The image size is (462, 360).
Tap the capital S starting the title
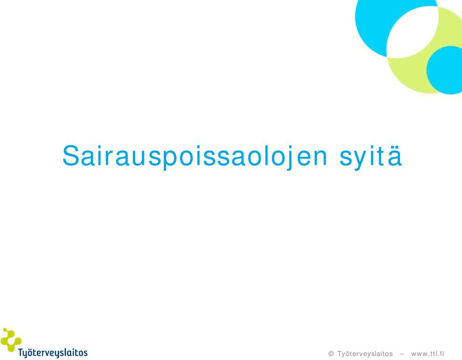tap(71, 155)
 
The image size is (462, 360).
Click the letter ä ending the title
tap(395, 156)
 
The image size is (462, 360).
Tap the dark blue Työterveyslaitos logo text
tap(53, 353)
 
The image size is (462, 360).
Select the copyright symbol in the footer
tap(331, 354)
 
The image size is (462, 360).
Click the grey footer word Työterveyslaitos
tap(365, 354)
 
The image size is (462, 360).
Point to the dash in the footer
tap(402, 354)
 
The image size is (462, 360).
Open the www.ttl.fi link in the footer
tap(427, 354)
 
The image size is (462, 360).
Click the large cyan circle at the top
tap(371, 26)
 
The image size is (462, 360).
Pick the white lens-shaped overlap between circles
tap(412, 32)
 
